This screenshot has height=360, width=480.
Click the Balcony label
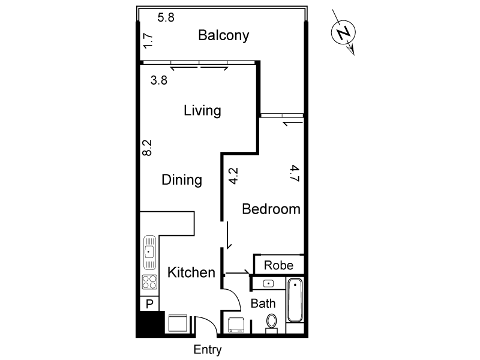pos(223,35)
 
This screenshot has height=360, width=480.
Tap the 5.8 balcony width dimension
pos(166,17)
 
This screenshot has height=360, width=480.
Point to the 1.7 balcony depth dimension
pos(149,40)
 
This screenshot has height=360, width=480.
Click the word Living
pos(202,110)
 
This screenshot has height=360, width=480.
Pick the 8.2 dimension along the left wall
pos(148,148)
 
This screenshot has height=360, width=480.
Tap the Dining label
pos(181,180)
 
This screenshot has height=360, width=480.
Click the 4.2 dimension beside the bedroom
pos(234,175)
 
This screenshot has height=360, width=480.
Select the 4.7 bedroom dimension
pos(294,173)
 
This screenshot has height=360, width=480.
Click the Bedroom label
pos(271,209)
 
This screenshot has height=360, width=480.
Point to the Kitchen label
pos(191,273)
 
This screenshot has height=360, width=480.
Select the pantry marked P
pos(149,304)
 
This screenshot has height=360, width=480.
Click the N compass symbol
pos(343,34)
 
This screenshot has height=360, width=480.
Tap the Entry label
pos(208,350)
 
